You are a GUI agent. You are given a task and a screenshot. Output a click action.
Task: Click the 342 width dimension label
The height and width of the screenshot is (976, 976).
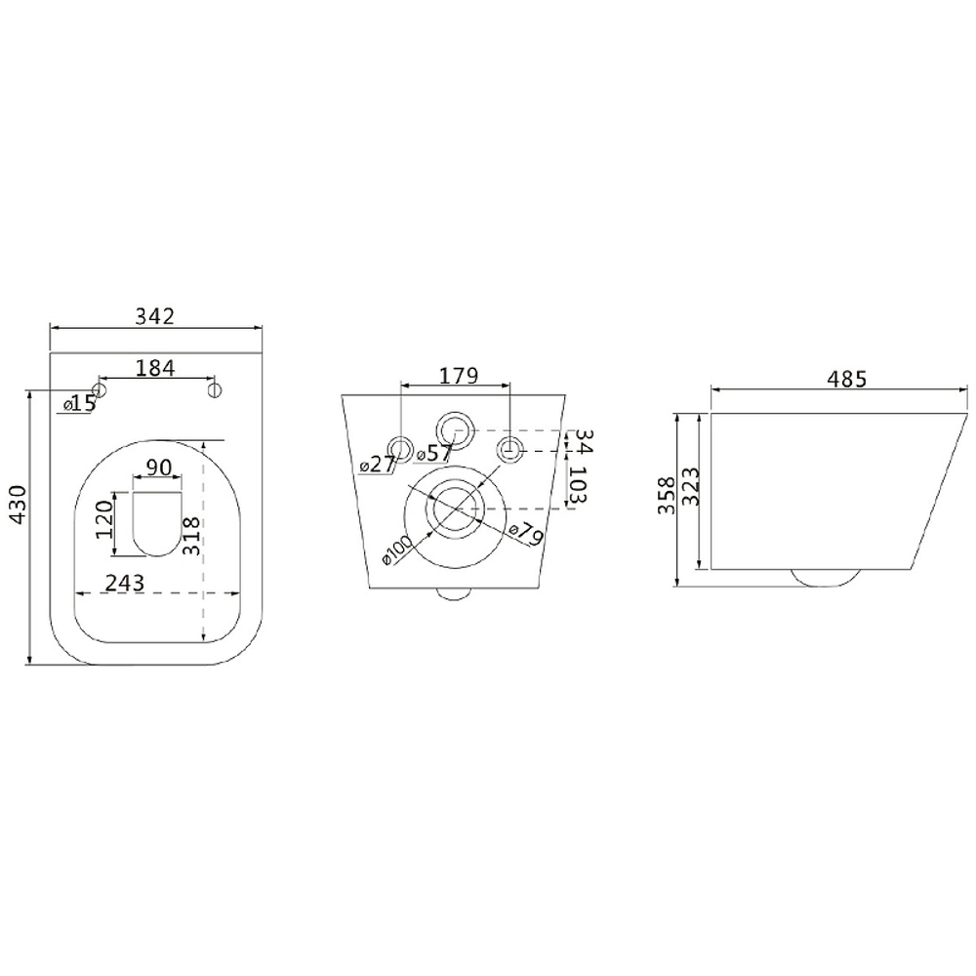[155, 316]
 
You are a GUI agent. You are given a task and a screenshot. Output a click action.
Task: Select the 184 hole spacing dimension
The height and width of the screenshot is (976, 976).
[155, 368]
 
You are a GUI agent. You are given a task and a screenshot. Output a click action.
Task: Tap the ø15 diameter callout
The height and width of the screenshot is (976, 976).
[80, 404]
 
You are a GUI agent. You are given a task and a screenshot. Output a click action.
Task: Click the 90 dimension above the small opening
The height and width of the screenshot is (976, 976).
[159, 467]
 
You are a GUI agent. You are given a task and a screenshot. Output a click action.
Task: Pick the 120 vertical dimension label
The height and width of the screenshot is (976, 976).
[104, 519]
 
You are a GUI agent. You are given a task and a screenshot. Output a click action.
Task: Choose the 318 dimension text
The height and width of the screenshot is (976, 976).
[191, 535]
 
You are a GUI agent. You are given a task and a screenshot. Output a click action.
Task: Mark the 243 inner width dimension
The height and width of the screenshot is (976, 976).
[125, 584]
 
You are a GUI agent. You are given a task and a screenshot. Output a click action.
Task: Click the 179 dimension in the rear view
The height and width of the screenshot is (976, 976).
[459, 376]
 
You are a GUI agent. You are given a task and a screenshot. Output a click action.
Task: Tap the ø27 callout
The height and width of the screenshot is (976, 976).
[379, 464]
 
